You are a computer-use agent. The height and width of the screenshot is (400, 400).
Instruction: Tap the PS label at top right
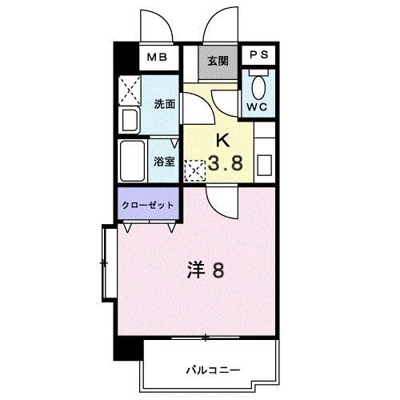point(258,56)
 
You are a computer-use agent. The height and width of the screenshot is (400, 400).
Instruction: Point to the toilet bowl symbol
point(258,86)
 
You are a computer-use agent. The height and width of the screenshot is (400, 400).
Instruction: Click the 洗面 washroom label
point(164,104)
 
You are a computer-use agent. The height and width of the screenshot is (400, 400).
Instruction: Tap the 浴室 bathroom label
point(164,161)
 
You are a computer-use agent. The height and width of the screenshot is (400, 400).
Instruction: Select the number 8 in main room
point(218,270)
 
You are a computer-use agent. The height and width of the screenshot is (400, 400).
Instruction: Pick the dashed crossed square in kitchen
point(194,170)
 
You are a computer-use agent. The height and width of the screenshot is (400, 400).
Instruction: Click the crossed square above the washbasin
point(130,91)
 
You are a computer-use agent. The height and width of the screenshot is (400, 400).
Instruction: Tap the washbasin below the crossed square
point(130,121)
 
